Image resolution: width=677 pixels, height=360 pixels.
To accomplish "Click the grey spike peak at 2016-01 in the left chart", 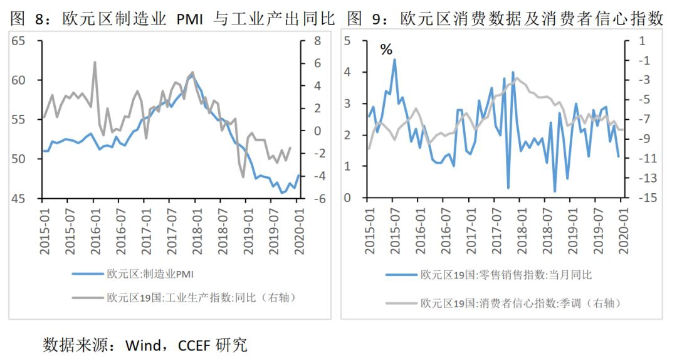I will (x=95, y=62).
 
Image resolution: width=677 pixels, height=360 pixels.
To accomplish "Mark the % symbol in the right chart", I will (x=386, y=50).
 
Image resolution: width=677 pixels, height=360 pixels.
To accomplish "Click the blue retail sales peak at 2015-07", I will (x=394, y=60).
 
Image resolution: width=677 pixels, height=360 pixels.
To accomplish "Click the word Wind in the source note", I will (x=143, y=344).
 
